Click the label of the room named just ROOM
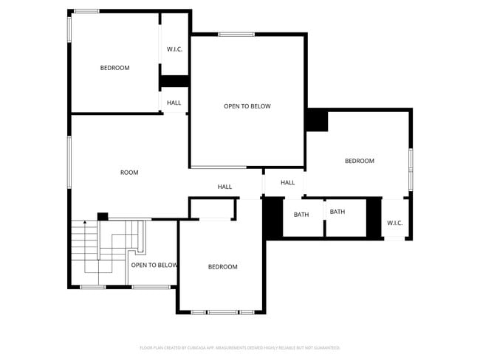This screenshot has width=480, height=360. [129, 173]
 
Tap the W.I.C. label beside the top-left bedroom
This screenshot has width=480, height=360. [174, 49]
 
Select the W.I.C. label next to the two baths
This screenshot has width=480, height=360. [394, 223]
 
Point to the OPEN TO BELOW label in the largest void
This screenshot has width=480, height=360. [247, 106]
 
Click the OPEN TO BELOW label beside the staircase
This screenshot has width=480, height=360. [154, 265]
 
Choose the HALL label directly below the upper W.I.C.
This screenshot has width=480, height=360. [174, 103]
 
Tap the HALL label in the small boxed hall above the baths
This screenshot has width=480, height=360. [288, 182]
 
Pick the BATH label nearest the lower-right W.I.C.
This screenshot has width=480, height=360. [337, 212]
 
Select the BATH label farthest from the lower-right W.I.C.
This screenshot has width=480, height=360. [301, 215]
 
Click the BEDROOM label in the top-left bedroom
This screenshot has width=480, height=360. [114, 68]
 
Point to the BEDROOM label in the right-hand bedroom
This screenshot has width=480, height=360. [360, 161]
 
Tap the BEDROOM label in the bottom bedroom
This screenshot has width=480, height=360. [222, 266]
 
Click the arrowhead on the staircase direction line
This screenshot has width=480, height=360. [85, 221]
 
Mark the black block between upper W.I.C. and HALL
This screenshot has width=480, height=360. [175, 81]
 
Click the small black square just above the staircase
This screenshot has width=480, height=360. [103, 216]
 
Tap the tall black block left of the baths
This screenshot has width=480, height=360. [272, 218]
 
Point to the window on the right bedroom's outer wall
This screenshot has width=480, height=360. [411, 170]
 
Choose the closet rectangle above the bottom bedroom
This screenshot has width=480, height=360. [212, 209]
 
